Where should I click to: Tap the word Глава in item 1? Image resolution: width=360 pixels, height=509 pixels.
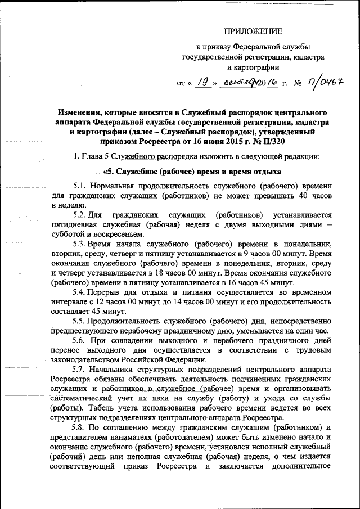pos(96,156)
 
